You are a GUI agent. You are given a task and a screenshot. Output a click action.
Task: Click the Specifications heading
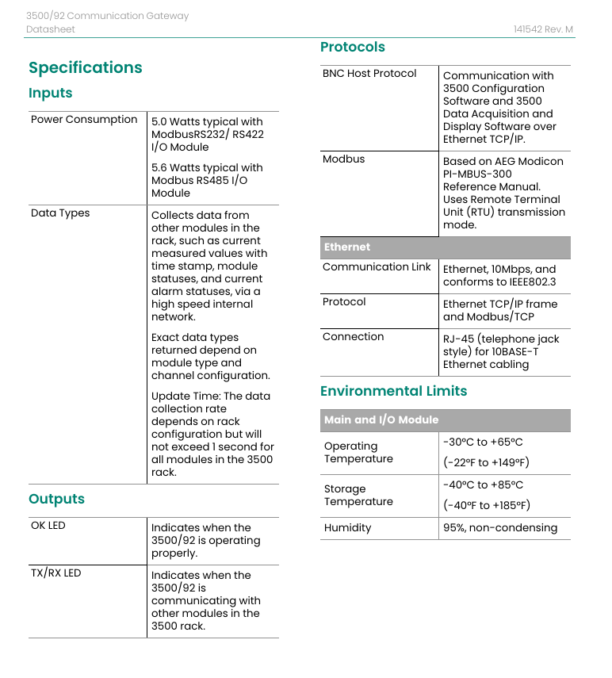(86, 67)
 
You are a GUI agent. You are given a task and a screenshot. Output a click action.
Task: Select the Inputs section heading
(51, 93)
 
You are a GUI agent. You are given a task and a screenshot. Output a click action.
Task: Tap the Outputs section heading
(56, 499)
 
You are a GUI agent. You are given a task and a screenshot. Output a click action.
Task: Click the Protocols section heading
(353, 47)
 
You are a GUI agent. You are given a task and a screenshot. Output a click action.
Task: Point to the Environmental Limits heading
(393, 391)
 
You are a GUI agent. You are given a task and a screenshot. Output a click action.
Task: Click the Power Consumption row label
(84, 120)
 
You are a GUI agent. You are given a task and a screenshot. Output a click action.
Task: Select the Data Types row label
(60, 213)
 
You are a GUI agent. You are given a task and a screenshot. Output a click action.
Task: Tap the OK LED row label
(48, 526)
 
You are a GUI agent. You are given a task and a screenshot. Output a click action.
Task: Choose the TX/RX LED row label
(56, 573)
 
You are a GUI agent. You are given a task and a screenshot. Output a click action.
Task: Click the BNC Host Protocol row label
(369, 74)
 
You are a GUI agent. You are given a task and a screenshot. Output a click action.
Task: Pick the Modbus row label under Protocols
(344, 159)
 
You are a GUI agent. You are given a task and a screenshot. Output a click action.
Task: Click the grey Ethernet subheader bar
(445, 247)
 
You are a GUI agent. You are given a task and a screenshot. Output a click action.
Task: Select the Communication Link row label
(377, 267)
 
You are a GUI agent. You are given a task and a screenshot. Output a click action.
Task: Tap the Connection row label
(354, 337)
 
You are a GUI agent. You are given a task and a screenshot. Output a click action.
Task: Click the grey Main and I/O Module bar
(445, 420)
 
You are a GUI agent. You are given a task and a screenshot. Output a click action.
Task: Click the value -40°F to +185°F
(487, 505)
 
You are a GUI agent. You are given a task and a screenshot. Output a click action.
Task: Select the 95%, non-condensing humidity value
(500, 528)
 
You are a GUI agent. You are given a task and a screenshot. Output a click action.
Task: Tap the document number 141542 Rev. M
(543, 29)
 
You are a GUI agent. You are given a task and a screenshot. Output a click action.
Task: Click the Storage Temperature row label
(358, 496)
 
